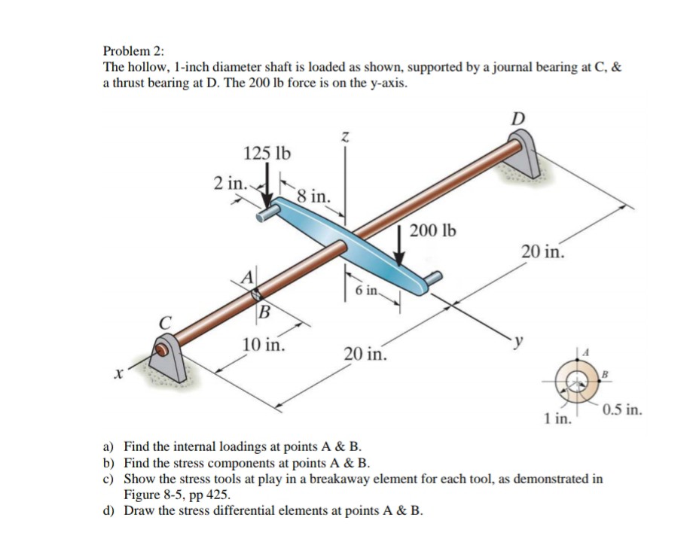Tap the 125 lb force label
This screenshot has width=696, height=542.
coord(267,154)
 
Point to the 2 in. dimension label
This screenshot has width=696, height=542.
coord(229,183)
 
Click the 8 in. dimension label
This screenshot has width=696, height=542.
coord(312,196)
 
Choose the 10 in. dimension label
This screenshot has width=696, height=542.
coord(264,346)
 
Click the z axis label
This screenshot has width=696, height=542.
coord(345,136)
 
